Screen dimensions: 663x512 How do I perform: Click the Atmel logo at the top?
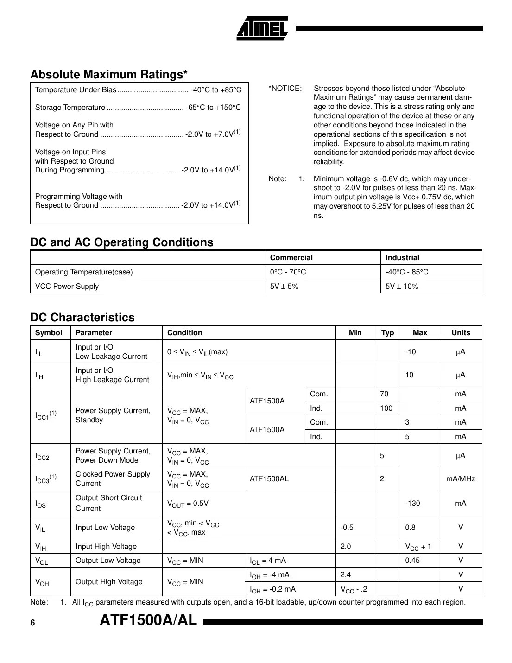point(262,28)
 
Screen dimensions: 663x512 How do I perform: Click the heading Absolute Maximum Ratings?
point(109,75)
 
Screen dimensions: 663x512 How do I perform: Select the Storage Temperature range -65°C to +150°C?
point(213,108)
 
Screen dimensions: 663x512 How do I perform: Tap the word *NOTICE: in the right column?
point(285,89)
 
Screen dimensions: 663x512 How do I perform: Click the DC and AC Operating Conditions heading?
point(122,242)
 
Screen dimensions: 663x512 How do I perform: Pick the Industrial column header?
point(402,258)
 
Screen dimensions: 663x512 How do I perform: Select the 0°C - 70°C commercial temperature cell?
point(288,272)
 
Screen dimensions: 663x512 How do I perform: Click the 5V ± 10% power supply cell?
point(402,287)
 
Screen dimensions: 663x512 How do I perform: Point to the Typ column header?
point(387,333)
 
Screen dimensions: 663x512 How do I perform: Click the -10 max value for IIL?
point(411,352)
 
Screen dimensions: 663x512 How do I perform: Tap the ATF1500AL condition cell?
point(269,479)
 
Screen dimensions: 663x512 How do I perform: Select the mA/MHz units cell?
point(460,479)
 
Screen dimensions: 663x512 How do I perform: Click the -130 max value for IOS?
point(412,504)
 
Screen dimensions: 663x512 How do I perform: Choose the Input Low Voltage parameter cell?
point(105,528)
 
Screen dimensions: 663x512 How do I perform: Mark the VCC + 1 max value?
point(418,547)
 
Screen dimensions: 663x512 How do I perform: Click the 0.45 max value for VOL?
point(412,561)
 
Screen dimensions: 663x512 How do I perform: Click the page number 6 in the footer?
point(32,623)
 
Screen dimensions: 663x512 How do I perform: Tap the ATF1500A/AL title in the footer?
point(148,620)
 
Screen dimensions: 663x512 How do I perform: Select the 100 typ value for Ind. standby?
point(386,408)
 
